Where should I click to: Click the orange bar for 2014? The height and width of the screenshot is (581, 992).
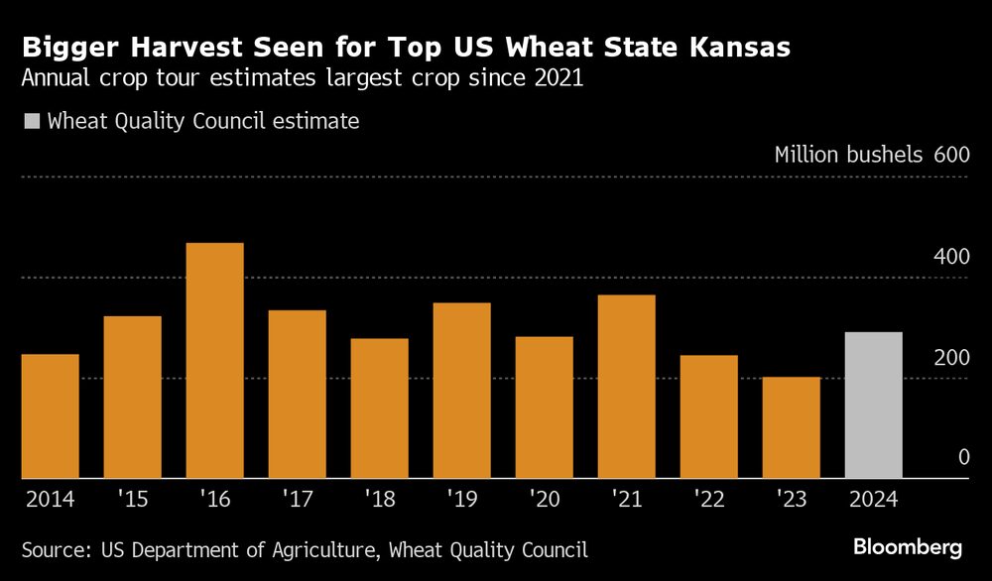point(51,416)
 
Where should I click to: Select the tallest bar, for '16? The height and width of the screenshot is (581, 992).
point(215,361)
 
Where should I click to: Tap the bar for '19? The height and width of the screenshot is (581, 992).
point(462,391)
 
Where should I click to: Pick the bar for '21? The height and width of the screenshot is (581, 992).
point(627,387)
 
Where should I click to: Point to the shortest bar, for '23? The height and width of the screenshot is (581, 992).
point(792,427)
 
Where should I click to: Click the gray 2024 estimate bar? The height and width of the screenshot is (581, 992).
point(873,405)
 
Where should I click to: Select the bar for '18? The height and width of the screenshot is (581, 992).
point(380,408)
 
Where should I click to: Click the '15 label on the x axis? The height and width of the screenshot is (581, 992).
point(132,500)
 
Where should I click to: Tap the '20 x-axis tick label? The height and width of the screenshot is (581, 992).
point(544,500)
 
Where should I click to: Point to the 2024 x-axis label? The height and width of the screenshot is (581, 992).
point(873,500)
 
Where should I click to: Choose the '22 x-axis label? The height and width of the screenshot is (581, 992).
point(708,500)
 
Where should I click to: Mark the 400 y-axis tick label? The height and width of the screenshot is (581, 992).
point(950,256)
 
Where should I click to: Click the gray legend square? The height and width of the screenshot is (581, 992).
point(31,122)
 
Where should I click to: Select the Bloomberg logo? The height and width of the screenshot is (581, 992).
point(908,547)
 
